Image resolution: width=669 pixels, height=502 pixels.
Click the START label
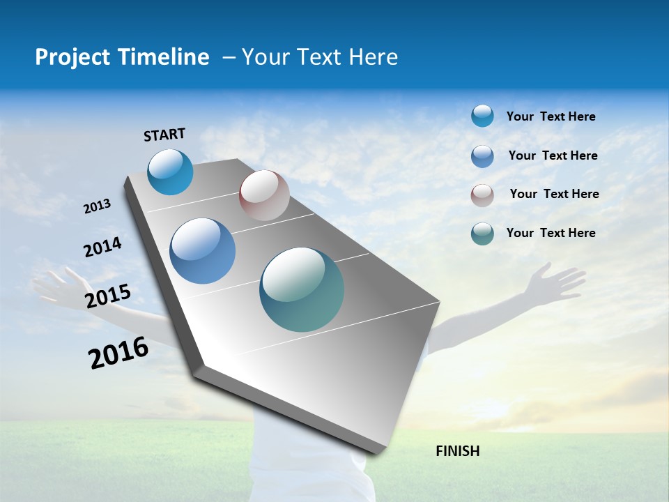pyautogui.click(x=164, y=135)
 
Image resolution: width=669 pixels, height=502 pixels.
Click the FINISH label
pyautogui.click(x=457, y=451)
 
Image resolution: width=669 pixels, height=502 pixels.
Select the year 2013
pyautogui.click(x=97, y=206)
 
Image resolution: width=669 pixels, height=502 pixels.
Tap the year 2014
pyautogui.click(x=102, y=248)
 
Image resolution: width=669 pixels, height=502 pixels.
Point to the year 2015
pyautogui.click(x=107, y=296)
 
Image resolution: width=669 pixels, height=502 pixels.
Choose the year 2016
pyautogui.click(x=118, y=352)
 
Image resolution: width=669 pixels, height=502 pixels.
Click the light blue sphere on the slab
pyautogui.click(x=170, y=172)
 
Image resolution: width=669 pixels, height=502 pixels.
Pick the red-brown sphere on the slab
pyautogui.click(x=264, y=195)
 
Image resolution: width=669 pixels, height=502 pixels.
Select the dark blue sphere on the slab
pyautogui.click(x=202, y=251)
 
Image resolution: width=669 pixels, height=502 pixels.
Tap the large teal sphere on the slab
pyautogui.click(x=302, y=289)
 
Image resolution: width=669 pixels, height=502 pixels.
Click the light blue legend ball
pyautogui.click(x=482, y=116)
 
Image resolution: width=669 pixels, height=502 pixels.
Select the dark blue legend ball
pyautogui.click(x=482, y=156)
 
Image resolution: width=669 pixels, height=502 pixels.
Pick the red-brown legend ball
pyautogui.click(x=482, y=195)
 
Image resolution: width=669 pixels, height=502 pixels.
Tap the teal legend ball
pyautogui.click(x=482, y=234)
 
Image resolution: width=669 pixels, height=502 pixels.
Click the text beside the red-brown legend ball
pyautogui.click(x=554, y=194)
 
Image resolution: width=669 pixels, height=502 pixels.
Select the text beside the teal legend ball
pyautogui.click(x=551, y=233)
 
